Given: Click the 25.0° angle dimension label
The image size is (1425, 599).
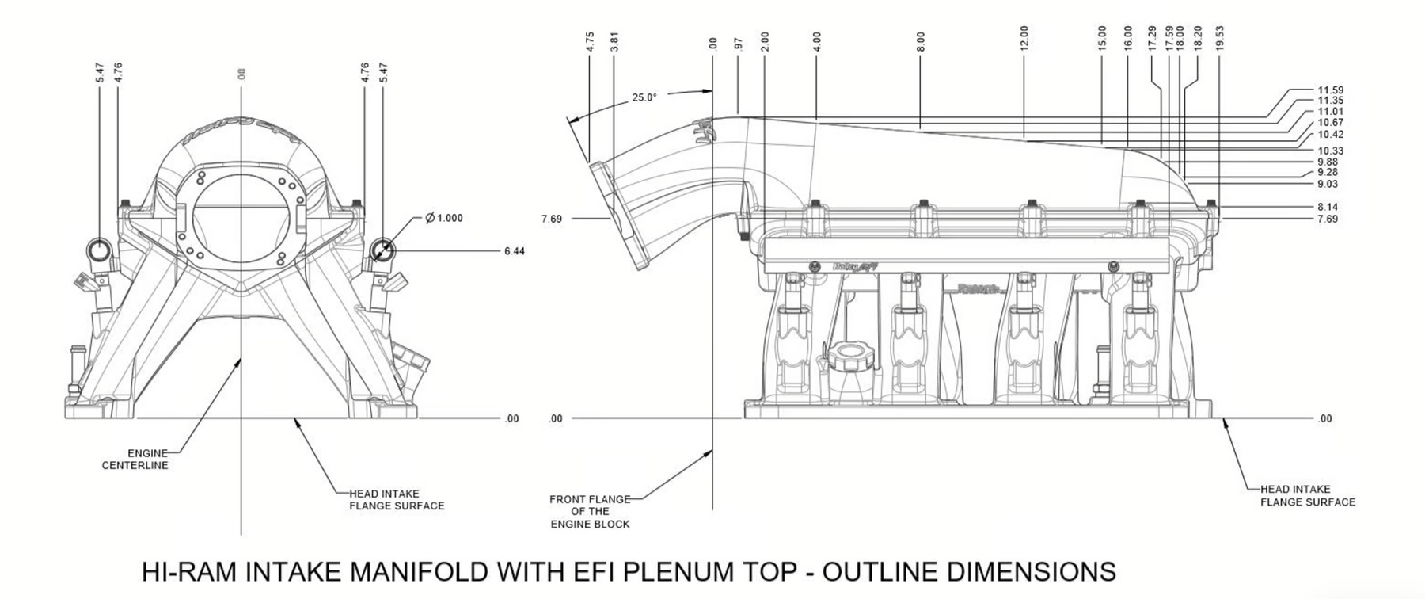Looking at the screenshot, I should (x=644, y=97).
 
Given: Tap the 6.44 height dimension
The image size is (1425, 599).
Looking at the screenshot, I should (x=514, y=251).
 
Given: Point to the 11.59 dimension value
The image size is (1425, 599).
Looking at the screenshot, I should (x=1331, y=90).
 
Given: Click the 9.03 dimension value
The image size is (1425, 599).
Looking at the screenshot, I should (x=1328, y=184).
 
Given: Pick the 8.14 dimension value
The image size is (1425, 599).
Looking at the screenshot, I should (x=1328, y=208).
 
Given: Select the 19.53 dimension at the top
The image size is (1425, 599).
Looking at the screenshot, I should (x=1220, y=38).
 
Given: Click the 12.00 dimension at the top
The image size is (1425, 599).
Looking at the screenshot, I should (x=1024, y=38).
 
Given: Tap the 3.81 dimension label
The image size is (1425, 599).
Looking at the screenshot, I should (x=614, y=42).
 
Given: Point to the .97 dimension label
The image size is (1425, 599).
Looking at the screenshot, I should (x=738, y=44).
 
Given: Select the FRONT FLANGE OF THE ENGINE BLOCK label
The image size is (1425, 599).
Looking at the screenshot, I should (x=590, y=512).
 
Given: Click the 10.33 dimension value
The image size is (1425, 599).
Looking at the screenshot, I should (x=1331, y=151).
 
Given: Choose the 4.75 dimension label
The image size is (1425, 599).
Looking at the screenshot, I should (x=590, y=42).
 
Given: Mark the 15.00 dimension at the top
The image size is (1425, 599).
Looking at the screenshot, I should (x=1102, y=38).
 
